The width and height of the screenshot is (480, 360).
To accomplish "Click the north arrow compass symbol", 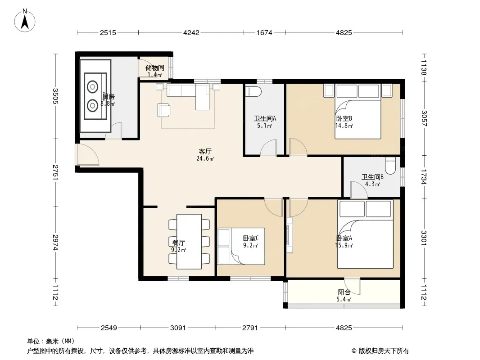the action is coord(25,20).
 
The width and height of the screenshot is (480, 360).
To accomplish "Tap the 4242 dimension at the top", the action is coord(191,32).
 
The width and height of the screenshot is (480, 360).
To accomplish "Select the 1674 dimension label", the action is coord(264,32).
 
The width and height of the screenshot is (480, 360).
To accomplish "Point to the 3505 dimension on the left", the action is coord(55,96).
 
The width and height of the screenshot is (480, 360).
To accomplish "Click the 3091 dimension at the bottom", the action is coord(178,328).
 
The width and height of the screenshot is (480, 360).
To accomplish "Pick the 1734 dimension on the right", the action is coord(424,177).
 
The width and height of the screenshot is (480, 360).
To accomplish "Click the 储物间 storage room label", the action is coord(154,67).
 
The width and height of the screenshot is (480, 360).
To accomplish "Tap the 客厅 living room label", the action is coord(205,151).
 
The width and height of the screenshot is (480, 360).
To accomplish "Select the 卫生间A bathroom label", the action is coord(265,118).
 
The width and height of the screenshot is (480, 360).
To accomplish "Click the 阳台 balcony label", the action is coord(344,292).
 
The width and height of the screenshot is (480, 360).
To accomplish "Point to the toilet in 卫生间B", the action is coord(390,166).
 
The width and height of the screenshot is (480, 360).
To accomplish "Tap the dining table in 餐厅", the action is coord(189,242).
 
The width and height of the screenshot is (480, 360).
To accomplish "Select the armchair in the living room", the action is coord(164,110).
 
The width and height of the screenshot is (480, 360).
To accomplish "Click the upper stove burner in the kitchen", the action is coord(92,86).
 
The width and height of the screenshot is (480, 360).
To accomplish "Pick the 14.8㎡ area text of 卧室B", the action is coord(344,126).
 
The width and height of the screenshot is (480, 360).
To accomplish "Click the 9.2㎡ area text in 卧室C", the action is coord(251,245).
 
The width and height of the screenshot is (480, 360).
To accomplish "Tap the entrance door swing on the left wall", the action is coord(88,154).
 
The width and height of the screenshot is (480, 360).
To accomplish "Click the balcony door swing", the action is coord(352,286).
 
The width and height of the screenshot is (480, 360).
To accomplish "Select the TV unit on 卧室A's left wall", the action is coord(289,235).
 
